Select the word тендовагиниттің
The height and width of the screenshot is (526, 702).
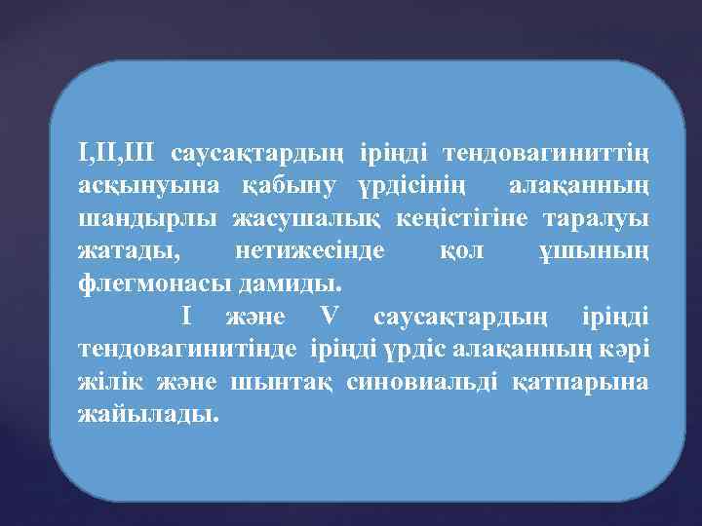(546, 153)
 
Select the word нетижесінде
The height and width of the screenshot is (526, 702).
(310, 251)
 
